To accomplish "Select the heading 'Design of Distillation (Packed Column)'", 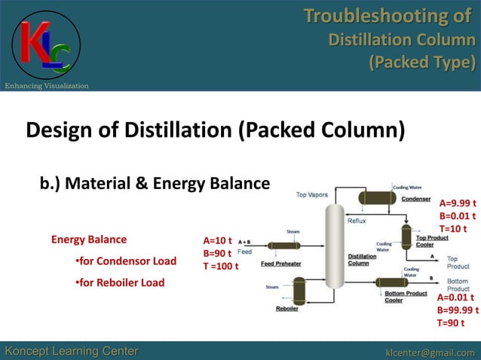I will (216, 130).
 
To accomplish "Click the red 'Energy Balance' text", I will (89, 240).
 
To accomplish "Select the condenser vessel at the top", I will (378, 197).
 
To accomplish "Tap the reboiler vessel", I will (299, 290).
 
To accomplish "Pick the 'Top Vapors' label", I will (311, 194).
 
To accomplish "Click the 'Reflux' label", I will (357, 221).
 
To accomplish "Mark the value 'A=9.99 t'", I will (458, 203).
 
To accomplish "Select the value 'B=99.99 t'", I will (458, 310).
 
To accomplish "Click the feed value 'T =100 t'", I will (221, 266).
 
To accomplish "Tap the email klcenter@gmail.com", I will (430, 352).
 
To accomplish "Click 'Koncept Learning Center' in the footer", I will (72, 352).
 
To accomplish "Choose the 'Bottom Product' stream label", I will (458, 285).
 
